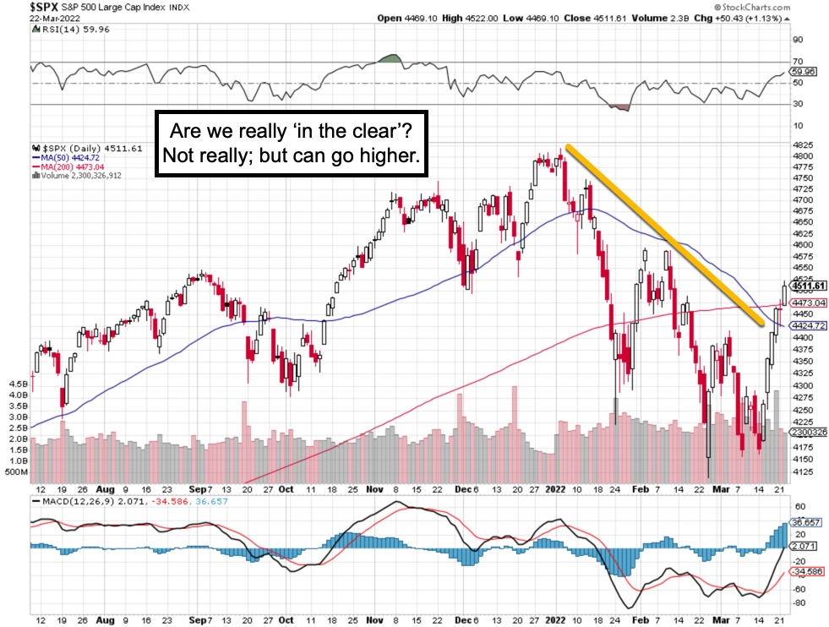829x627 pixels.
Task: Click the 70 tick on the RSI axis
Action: pyautogui.click(x=797, y=62)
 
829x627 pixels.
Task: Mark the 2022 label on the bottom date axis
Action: pyautogui.click(x=554, y=488)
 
